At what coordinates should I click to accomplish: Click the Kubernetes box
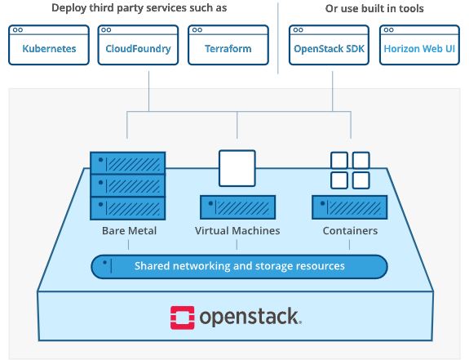(49, 45)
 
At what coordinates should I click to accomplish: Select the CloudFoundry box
(138, 45)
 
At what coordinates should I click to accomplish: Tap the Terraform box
(228, 45)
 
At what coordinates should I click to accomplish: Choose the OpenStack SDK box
(329, 45)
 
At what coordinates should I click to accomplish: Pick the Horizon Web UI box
(419, 45)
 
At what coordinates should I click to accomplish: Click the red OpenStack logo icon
(182, 318)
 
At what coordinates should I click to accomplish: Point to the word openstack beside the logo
(250, 318)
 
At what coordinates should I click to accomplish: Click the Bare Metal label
(129, 231)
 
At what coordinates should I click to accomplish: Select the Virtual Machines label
(237, 231)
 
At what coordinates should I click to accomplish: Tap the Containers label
(350, 231)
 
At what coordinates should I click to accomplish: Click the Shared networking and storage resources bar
(239, 267)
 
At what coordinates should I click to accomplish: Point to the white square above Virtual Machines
(237, 168)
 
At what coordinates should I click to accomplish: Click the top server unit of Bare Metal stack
(128, 163)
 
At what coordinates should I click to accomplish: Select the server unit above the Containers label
(350, 207)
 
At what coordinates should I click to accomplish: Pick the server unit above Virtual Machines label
(238, 207)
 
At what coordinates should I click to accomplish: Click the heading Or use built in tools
(374, 8)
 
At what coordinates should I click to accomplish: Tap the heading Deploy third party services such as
(139, 8)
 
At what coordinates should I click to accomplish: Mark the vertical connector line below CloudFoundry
(148, 91)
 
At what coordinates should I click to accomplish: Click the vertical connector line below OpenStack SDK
(332, 91)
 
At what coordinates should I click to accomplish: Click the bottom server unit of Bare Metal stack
(128, 208)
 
